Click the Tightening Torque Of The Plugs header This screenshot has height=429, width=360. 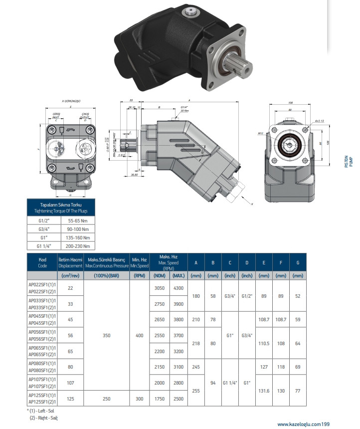(x=61, y=208)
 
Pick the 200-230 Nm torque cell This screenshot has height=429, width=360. (x=78, y=245)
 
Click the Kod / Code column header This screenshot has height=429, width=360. (x=42, y=262)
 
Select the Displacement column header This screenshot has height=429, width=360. (x=70, y=262)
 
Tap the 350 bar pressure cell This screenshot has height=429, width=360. (x=107, y=336)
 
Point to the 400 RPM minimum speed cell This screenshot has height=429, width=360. (x=139, y=336)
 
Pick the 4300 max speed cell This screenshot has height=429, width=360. (x=178, y=288)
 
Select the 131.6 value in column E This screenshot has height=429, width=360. (x=264, y=391)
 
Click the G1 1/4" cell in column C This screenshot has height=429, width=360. (x=230, y=383)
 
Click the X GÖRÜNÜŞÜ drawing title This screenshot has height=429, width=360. (x=71, y=101)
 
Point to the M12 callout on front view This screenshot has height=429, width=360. (x=260, y=133)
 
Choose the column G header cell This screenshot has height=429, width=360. (x=298, y=262)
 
